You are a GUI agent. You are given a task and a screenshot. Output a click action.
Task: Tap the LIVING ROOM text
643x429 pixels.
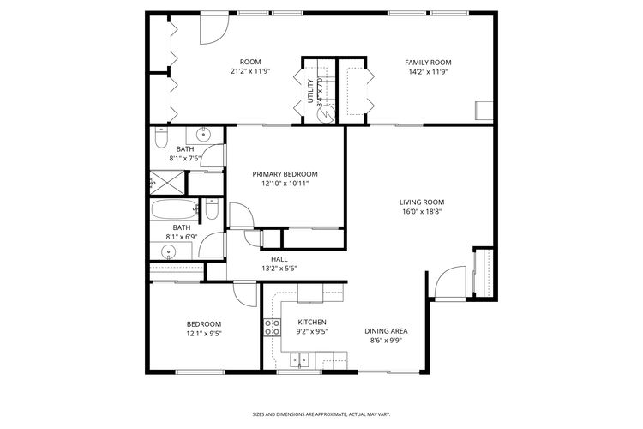(422, 202)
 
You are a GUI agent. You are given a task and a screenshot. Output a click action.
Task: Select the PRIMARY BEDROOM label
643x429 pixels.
(285, 173)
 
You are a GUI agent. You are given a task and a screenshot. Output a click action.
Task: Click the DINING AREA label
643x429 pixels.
(385, 330)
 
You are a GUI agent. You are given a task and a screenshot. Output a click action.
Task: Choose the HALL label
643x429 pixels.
(279, 258)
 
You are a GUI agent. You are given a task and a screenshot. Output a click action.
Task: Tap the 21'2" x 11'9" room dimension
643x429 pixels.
(249, 71)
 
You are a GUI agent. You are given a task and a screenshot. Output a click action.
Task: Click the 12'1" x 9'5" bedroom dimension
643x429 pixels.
(204, 334)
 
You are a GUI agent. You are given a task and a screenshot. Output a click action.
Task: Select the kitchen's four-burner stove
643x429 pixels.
(272, 326)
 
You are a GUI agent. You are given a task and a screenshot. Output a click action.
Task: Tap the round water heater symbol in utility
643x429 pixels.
(322, 111)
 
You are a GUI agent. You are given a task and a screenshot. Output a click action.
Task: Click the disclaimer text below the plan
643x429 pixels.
(321, 411)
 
